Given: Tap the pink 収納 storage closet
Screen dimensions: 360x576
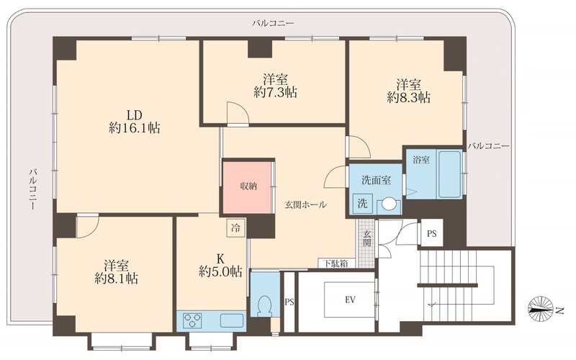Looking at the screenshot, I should pyautogui.click(x=248, y=184).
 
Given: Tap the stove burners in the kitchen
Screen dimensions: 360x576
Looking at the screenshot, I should pyautogui.click(x=193, y=320).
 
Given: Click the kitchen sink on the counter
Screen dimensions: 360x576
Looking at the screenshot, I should pyautogui.click(x=231, y=320).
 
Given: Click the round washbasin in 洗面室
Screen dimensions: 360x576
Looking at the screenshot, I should pyautogui.click(x=389, y=204).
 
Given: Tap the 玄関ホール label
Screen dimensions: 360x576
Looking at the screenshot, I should pyautogui.click(x=305, y=204).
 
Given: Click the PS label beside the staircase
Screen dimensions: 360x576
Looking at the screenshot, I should pyautogui.click(x=431, y=233).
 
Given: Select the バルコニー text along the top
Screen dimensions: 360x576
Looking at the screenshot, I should pyautogui.click(x=273, y=24).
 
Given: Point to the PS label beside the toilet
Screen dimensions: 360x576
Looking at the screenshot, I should pyautogui.click(x=289, y=302).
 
